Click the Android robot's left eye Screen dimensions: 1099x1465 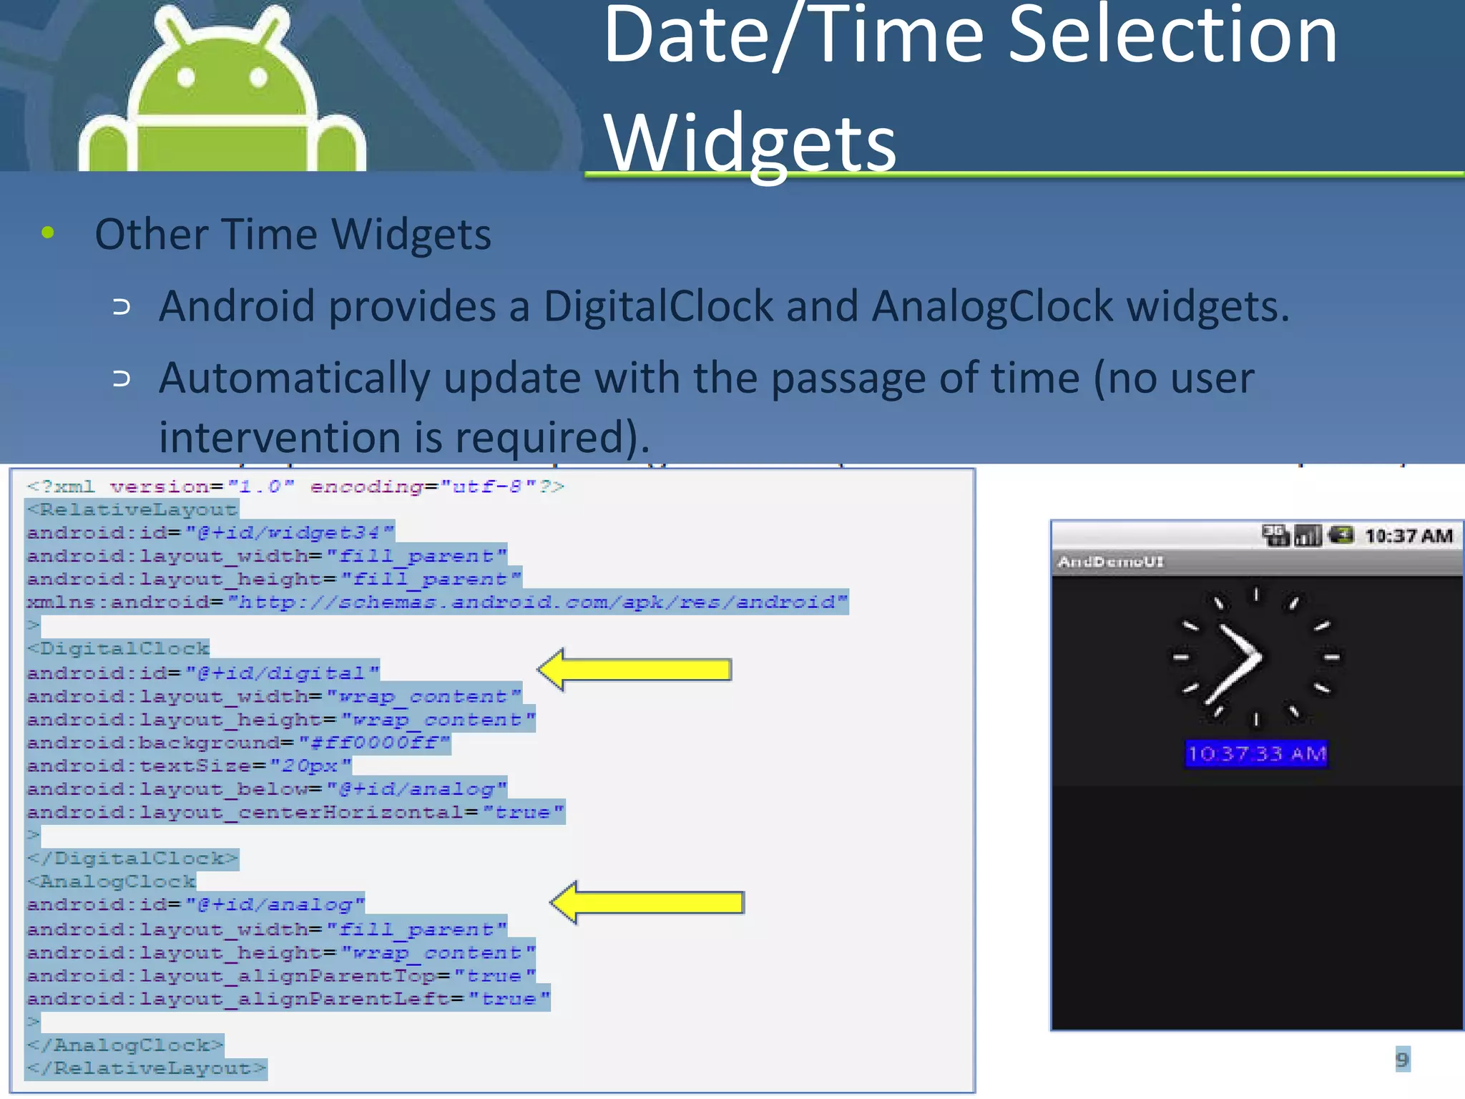186,77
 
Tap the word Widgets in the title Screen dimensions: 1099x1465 749,143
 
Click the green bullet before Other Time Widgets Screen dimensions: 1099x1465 48,232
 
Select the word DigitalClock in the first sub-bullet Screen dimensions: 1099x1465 658,306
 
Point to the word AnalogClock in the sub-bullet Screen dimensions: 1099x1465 991,306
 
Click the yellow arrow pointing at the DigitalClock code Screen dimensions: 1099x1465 634,670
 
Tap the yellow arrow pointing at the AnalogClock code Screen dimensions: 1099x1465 647,902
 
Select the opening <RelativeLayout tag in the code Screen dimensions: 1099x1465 132,509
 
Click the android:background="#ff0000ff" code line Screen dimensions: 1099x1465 238,743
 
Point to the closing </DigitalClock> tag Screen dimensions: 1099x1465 132,858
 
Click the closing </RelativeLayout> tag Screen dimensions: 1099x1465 147,1068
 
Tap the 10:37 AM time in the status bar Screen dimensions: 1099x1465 1408,536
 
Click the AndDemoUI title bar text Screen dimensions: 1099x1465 1110,562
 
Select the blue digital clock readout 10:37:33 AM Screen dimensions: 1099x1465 1256,753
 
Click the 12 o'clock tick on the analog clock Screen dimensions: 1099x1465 1256,594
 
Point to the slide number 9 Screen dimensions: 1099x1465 1401,1059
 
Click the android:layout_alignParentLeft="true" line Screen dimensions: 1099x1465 288,999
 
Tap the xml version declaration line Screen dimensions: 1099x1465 295,487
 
